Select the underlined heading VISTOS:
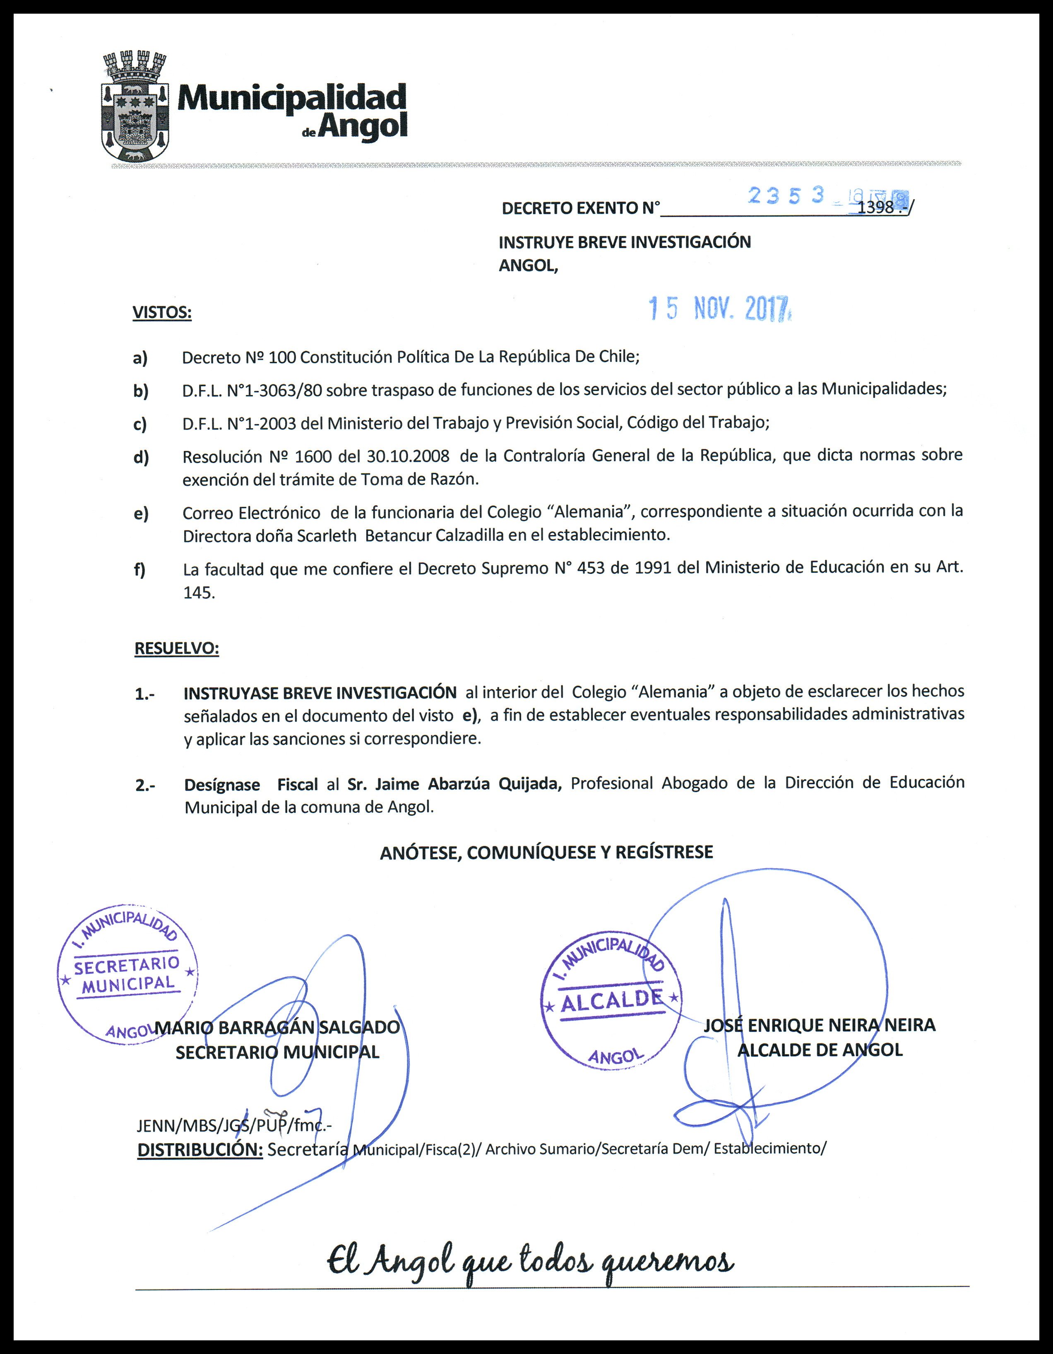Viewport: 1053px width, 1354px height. point(162,313)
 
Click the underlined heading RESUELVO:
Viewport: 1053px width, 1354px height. point(177,649)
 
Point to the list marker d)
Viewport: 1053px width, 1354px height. point(141,458)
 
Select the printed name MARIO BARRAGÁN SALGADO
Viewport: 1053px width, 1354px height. point(277,1027)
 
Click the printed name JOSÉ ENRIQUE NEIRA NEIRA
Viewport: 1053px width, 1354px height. point(819,1025)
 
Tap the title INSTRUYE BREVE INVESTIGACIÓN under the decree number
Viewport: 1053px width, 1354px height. point(624,242)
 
